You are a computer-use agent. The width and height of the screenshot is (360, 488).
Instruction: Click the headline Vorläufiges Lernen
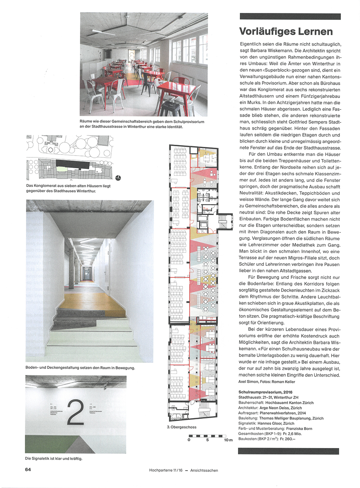pos(286,32)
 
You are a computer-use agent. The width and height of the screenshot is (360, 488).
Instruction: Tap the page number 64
pos(28,469)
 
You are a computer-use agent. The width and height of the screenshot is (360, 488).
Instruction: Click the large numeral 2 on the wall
pos(75,412)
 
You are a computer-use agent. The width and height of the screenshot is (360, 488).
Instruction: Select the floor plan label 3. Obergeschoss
pos(181,427)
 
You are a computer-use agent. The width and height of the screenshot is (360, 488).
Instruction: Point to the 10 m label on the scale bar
pos(228,440)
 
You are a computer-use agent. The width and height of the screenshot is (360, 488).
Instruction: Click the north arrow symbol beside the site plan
pos(118,178)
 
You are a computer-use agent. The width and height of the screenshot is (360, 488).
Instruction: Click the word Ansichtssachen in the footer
pos(204,470)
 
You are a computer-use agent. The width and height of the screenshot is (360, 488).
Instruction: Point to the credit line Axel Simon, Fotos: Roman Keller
pos(266,382)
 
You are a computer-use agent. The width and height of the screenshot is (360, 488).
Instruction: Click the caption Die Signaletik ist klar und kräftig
pos(54,458)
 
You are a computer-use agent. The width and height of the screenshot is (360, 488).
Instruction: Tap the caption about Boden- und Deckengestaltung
pos(80,368)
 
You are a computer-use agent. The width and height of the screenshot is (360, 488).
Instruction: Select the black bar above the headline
pos(290,16)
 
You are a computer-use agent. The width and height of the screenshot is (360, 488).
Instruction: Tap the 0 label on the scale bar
pos(189,440)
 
